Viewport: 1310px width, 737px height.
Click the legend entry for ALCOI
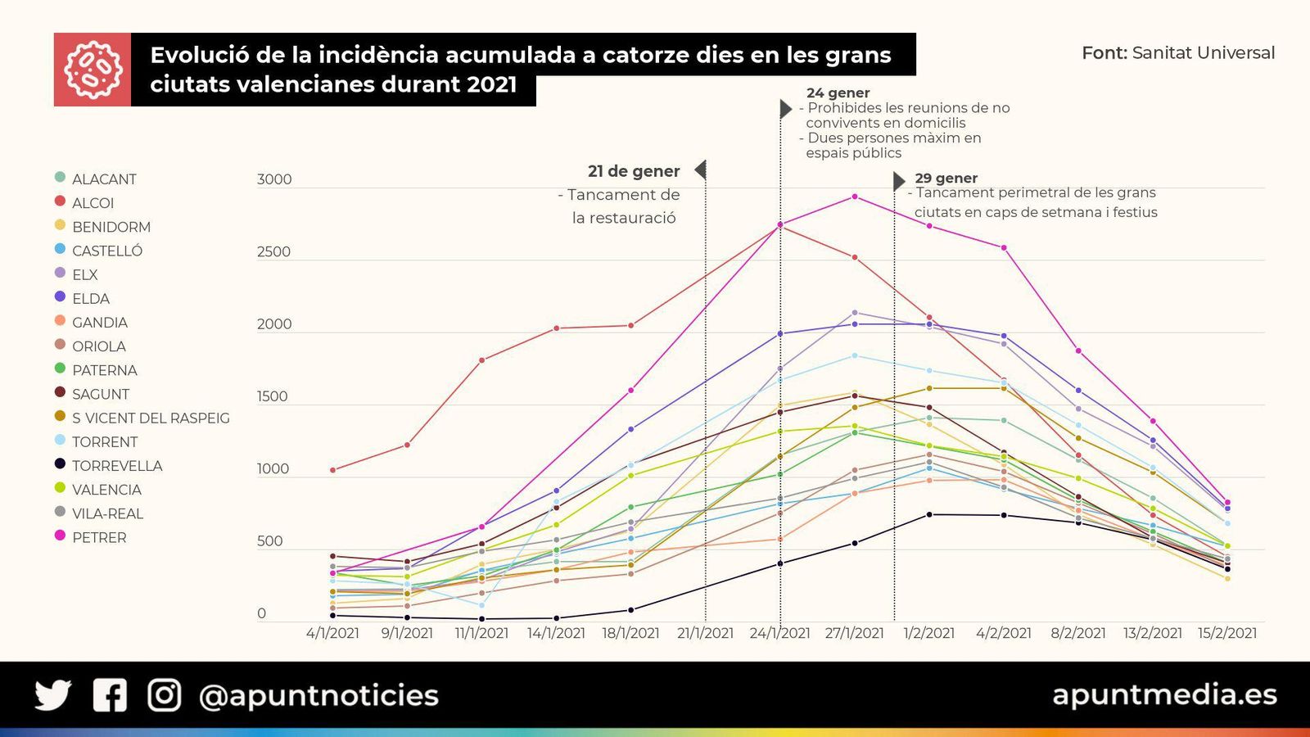92,203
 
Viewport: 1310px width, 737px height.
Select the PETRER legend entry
98,538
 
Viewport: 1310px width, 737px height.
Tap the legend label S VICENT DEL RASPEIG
150,418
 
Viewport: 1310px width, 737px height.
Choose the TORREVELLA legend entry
116,466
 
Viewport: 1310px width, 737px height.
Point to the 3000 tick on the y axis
274,180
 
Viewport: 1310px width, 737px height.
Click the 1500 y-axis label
273,396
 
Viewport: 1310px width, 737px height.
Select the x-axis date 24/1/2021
779,633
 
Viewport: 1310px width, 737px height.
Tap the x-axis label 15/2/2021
1226,633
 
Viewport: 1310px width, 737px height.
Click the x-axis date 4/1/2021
332,633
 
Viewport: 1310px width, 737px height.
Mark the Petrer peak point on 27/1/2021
855,197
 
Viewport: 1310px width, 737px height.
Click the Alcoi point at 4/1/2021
332,470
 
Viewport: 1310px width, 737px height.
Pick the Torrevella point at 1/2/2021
929,514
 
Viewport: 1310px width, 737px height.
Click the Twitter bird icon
53,695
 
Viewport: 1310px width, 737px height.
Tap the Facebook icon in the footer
110,695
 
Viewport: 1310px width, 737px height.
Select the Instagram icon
164,695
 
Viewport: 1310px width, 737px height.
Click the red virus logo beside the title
93,70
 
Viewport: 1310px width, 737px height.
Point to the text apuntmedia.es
1164,694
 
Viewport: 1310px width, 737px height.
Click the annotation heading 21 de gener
633,171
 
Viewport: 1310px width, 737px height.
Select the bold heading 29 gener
946,179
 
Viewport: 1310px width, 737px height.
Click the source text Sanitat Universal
1203,53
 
